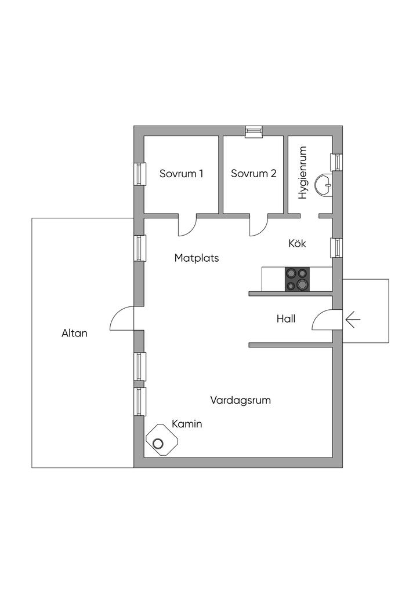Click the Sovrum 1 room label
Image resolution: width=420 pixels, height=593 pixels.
tap(181, 173)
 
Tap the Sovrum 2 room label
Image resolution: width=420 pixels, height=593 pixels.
tap(254, 173)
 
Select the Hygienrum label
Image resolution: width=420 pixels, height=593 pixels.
tap(302, 173)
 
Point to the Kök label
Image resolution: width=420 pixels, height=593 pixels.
tap(297, 243)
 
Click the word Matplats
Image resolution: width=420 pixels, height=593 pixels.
tap(197, 258)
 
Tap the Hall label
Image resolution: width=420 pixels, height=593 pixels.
tap(285, 318)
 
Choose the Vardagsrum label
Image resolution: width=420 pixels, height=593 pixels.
tap(241, 400)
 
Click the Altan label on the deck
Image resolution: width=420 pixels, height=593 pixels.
tap(74, 333)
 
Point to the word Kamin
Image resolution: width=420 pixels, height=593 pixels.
tap(187, 424)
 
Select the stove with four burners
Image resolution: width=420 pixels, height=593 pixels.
tap(296, 279)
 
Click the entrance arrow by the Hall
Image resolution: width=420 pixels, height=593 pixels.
tap(352, 319)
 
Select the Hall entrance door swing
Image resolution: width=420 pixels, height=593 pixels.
tap(323, 320)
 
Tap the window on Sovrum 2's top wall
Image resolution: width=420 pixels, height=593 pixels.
tap(254, 131)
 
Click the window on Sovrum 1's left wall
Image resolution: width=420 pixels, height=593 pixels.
tap(139, 173)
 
